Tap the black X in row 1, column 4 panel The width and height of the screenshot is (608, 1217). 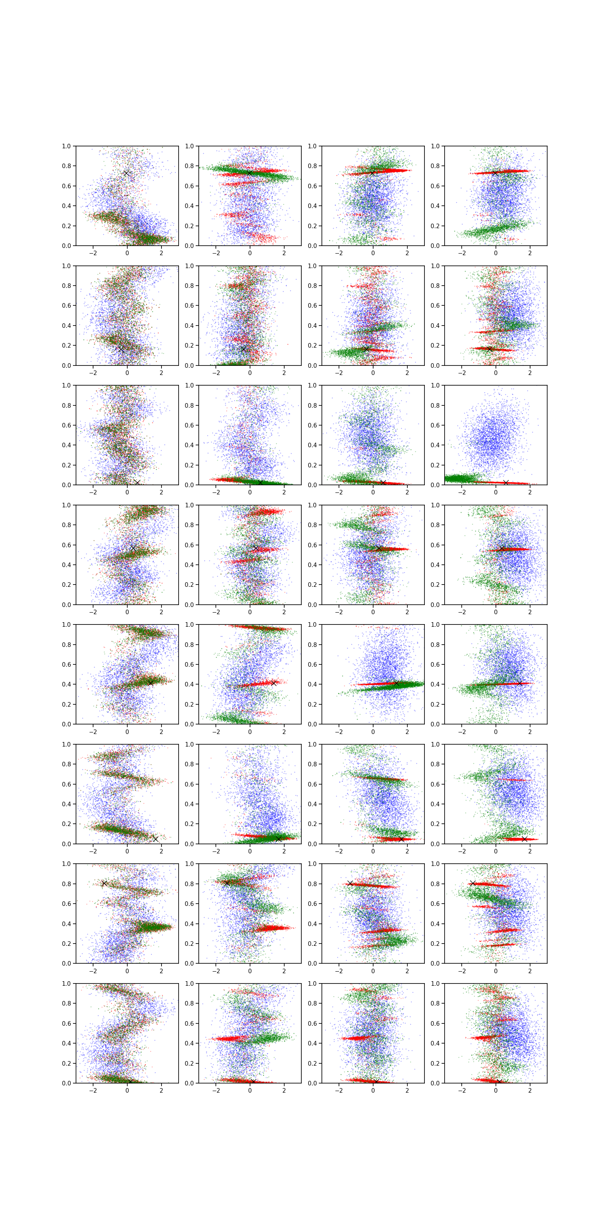pos(495,173)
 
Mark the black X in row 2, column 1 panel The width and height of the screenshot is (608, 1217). pos(121,349)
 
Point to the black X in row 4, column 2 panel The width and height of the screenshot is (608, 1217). pos(256,548)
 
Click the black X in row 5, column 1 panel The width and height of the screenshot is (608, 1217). pos(150,683)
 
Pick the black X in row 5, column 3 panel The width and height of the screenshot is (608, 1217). pos(396,683)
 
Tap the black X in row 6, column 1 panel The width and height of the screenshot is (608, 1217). pos(156,839)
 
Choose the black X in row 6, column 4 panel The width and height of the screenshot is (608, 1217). pos(524,839)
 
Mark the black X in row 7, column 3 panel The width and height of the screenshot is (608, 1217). pos(350,883)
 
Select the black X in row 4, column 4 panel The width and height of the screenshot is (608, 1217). pos(502,548)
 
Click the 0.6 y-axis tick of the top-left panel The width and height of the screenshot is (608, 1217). pos(76,186)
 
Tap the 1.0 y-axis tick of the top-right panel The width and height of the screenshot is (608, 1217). pos(444,146)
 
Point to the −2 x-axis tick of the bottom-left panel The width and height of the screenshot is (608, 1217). pos(93,1083)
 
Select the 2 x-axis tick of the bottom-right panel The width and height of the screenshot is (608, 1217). pos(530,1083)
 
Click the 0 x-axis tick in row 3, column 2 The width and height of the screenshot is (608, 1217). pos(250,485)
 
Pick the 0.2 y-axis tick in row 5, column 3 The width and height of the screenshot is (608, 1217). pos(321,704)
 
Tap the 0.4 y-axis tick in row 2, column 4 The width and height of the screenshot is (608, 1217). pos(444,326)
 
